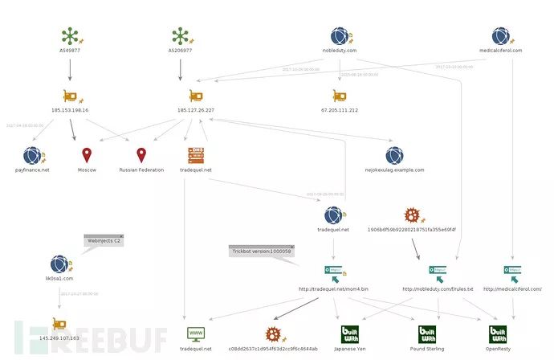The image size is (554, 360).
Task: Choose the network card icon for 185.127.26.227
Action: click(195, 96)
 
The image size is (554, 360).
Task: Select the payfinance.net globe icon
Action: click(33, 155)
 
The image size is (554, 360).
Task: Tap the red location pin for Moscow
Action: click(87, 155)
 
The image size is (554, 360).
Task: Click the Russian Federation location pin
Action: click(141, 155)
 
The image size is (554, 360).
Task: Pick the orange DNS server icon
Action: click(196, 155)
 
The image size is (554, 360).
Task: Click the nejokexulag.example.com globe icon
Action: click(394, 155)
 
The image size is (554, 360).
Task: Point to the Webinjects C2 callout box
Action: click(104, 239)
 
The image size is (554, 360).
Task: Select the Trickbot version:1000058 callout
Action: click(260, 251)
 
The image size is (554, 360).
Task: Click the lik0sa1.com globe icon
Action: click(58, 264)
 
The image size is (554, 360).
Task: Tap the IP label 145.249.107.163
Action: click(58, 338)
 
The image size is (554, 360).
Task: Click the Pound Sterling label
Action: click(428, 349)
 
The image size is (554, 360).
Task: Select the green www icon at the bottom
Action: click(195, 333)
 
